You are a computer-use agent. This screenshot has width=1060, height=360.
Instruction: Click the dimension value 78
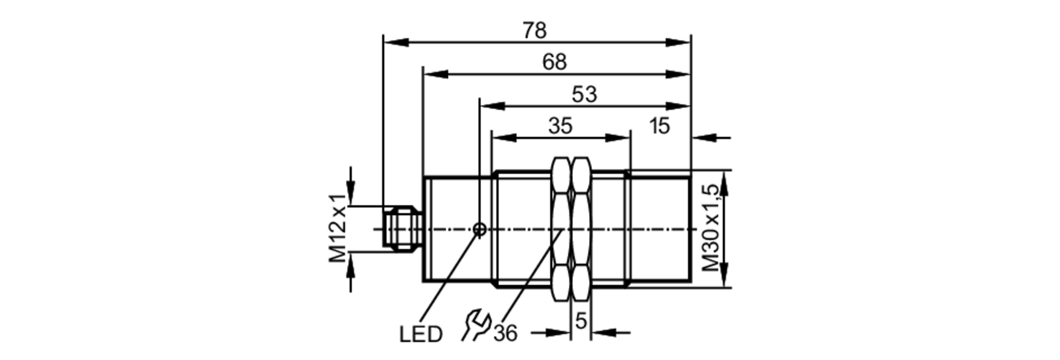pyautogui.click(x=534, y=31)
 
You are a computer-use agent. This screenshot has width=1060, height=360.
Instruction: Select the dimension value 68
pyautogui.click(x=554, y=63)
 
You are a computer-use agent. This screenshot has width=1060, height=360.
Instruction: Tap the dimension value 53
pyautogui.click(x=584, y=95)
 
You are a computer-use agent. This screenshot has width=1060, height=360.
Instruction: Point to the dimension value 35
pyautogui.click(x=560, y=127)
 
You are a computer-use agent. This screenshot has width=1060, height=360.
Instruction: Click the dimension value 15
pyautogui.click(x=659, y=127)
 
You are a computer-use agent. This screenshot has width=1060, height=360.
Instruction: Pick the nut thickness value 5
pyautogui.click(x=581, y=321)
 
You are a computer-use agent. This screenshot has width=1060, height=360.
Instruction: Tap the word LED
pyautogui.click(x=420, y=335)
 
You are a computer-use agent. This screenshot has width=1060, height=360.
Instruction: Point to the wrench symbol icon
pyautogui.click(x=475, y=324)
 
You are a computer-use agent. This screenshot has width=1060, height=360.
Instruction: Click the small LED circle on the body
pyautogui.click(x=480, y=229)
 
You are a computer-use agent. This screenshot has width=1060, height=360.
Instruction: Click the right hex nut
pyautogui.click(x=581, y=229)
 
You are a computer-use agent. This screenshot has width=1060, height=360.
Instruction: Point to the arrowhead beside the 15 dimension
pyautogui.click(x=703, y=138)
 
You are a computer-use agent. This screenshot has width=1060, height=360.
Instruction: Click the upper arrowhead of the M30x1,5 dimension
pyautogui.click(x=725, y=180)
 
